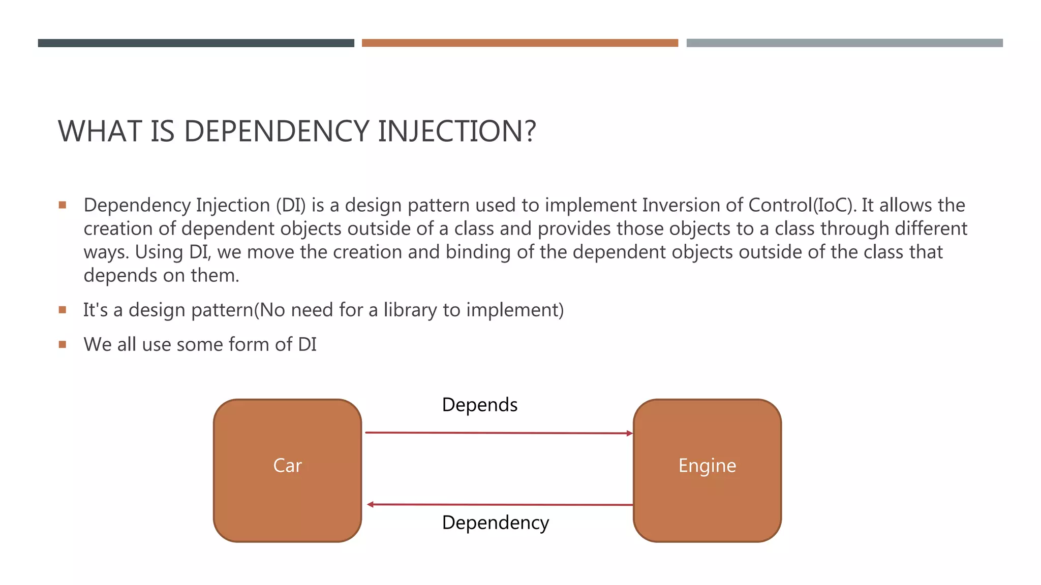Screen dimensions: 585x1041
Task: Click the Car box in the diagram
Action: coord(287,470)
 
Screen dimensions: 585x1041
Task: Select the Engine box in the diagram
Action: coord(707,470)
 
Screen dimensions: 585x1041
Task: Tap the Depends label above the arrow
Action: coord(479,405)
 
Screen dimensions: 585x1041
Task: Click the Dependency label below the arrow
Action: coord(495,523)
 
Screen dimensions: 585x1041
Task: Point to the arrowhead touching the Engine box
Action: coord(629,433)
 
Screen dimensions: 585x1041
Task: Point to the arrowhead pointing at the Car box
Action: coord(371,504)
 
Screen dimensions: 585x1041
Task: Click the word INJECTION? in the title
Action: coord(456,131)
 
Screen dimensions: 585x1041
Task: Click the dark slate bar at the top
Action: coord(196,43)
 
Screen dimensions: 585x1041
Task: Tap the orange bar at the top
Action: coord(519,43)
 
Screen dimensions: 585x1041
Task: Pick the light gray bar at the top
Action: coord(844,43)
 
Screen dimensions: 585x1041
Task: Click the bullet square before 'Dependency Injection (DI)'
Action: coord(63,205)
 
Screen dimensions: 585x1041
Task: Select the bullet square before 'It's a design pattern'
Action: coord(63,310)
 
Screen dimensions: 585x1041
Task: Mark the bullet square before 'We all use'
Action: coord(63,344)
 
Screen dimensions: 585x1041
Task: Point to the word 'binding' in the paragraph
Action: coord(478,252)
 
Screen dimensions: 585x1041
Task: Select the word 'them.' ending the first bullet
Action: coord(215,275)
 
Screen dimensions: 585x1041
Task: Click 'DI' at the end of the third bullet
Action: coord(307,344)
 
